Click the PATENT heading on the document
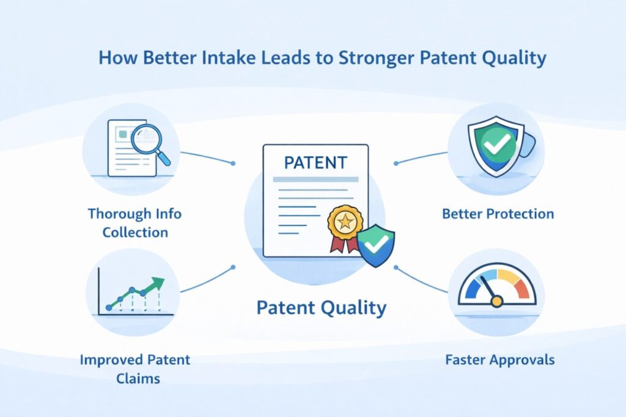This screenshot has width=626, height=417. click(x=315, y=163)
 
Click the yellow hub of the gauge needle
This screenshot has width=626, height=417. click(x=496, y=300)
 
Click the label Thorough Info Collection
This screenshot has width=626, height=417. click(x=134, y=223)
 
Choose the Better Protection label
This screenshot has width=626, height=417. click(x=498, y=214)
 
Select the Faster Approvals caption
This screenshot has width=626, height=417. click(x=500, y=359)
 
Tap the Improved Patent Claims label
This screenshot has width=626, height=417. click(x=134, y=368)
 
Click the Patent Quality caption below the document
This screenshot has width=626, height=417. click(x=321, y=308)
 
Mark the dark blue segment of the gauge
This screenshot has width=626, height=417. click(x=471, y=289)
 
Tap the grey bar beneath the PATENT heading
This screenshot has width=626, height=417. click(x=315, y=179)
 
